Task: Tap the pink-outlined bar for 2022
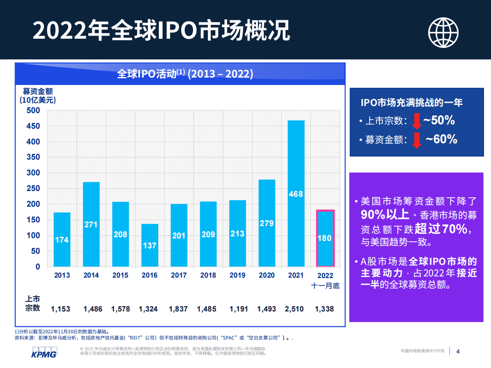tap(325, 238)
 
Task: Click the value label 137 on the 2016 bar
tap(149, 245)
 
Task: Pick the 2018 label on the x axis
tap(208, 275)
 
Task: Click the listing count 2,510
tap(294, 309)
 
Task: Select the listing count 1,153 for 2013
tap(61, 309)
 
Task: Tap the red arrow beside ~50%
tap(416, 121)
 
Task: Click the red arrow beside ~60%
tap(417, 140)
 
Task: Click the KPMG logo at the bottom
tap(44, 353)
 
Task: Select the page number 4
tap(458, 351)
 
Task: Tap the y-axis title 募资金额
tap(38, 91)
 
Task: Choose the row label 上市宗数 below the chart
tap(33, 304)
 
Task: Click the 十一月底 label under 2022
tap(325, 285)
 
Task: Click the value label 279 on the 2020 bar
tap(267, 223)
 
